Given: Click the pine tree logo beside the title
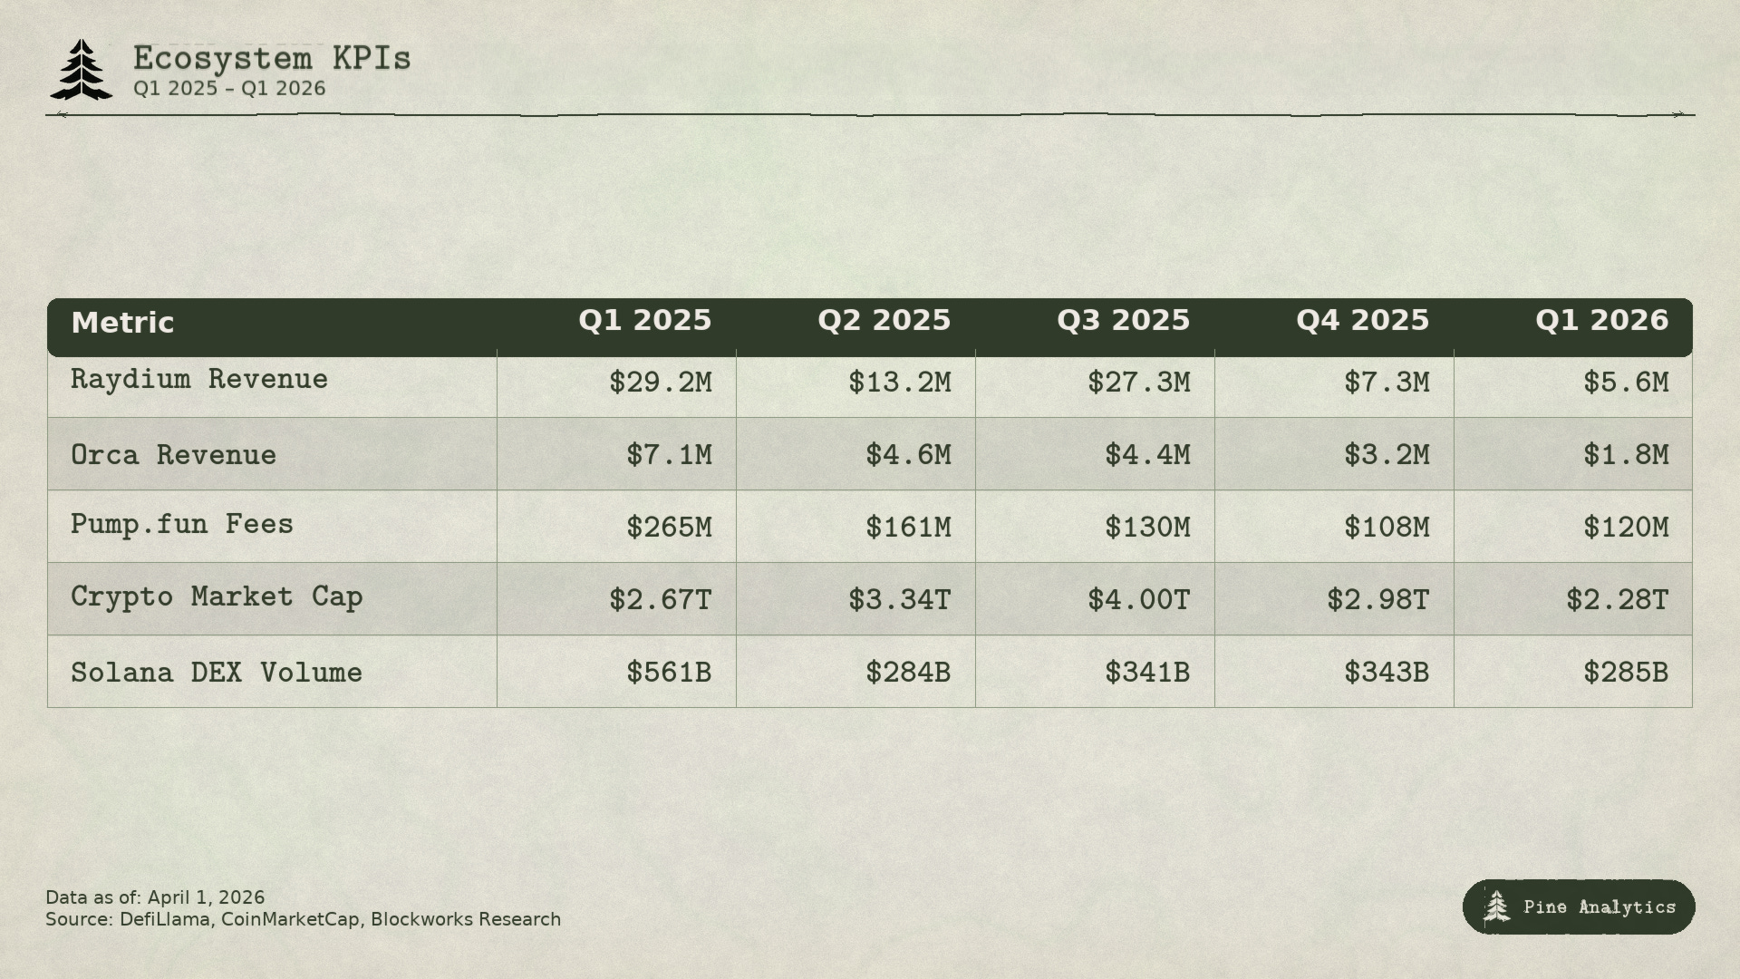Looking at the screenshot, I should (x=82, y=70).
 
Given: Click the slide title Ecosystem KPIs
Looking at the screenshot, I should (x=272, y=58).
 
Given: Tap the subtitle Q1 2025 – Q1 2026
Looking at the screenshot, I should (x=229, y=89).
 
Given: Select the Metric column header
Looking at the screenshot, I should (x=122, y=323).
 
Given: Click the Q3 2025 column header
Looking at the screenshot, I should (x=1123, y=320).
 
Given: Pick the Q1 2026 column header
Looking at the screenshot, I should (x=1601, y=320).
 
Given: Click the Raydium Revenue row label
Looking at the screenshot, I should (x=199, y=379).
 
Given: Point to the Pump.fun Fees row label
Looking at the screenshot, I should (x=182, y=524).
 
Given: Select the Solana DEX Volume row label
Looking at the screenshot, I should (x=217, y=673).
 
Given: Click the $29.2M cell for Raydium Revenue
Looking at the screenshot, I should (x=660, y=383).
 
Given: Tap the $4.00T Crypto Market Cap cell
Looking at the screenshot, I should (x=1138, y=600).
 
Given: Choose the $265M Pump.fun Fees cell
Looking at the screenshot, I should (x=669, y=528).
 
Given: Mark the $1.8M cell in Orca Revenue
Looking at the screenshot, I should (x=1626, y=455).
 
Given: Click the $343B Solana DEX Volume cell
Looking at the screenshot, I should (x=1387, y=673).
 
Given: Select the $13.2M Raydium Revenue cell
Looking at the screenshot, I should (x=899, y=383).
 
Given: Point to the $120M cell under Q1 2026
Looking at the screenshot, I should (x=1626, y=528).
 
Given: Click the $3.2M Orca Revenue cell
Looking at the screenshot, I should (x=1387, y=455).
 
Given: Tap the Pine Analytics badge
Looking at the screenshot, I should (x=1579, y=906).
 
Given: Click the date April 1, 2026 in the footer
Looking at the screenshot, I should (x=206, y=897).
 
